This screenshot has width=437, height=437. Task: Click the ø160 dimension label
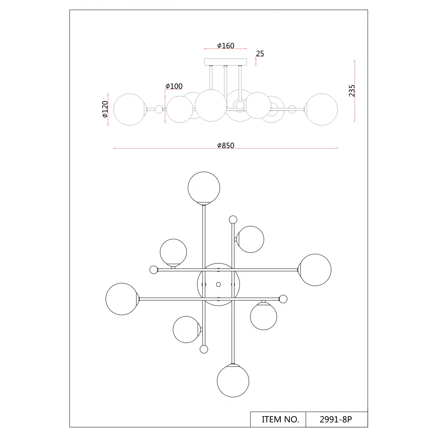(226, 46)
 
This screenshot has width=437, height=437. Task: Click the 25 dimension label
(260, 54)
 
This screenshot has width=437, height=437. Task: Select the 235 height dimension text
(352, 91)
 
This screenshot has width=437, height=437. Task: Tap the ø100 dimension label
(174, 86)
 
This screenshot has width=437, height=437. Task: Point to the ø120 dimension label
(105, 109)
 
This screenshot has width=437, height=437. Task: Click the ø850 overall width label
(226, 145)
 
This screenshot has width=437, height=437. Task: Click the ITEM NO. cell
(280, 420)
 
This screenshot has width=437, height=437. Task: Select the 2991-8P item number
(336, 420)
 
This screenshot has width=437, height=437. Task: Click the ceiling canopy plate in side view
(225, 62)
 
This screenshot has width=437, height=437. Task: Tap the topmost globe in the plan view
(204, 188)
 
